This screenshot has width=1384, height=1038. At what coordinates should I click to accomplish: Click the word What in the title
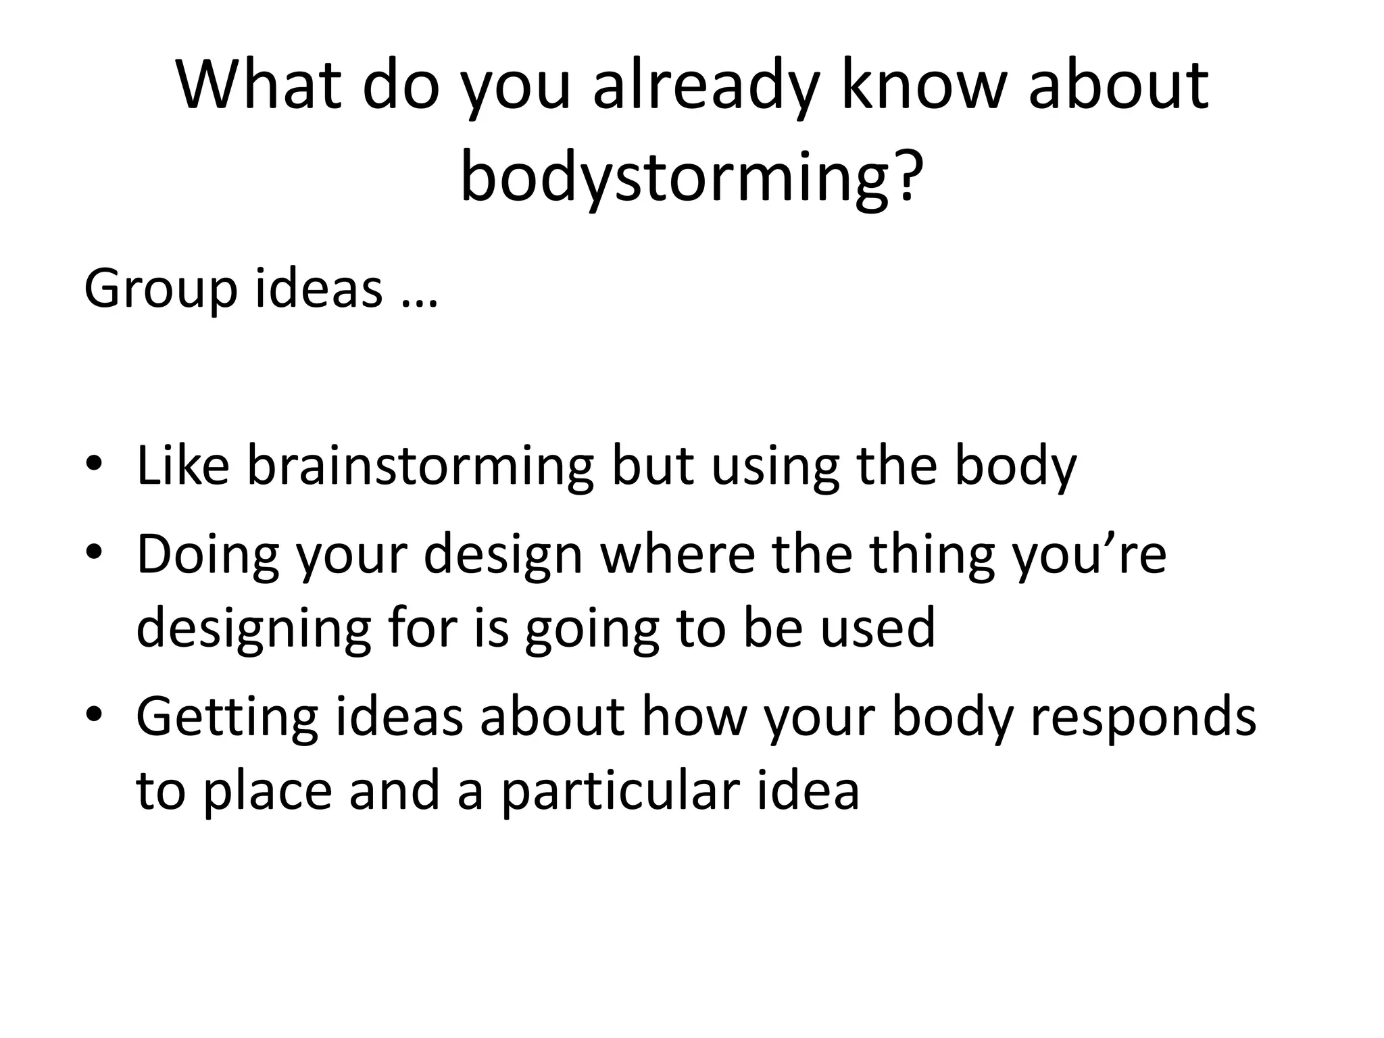click(259, 86)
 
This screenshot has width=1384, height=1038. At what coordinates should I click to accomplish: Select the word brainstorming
click(420, 466)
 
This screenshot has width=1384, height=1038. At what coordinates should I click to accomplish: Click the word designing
click(253, 628)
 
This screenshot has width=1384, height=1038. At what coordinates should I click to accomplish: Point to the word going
click(592, 628)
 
